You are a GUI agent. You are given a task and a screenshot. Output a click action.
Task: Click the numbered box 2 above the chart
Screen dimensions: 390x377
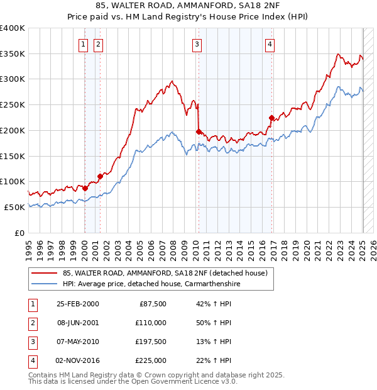click(x=99, y=44)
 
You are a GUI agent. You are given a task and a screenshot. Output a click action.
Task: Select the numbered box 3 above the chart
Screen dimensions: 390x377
click(x=197, y=44)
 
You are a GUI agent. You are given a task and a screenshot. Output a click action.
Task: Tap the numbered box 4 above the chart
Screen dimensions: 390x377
click(x=270, y=44)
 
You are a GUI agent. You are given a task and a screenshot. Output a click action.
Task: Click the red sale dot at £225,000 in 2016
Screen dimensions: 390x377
click(x=271, y=118)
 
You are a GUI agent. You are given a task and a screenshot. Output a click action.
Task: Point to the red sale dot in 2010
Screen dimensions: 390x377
click(x=199, y=131)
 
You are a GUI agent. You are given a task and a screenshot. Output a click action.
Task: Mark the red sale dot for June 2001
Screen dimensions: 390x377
click(x=99, y=176)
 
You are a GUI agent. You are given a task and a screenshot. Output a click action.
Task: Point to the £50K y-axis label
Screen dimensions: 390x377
click(x=15, y=207)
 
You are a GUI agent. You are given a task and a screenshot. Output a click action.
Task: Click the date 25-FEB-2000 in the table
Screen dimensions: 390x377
click(x=77, y=304)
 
